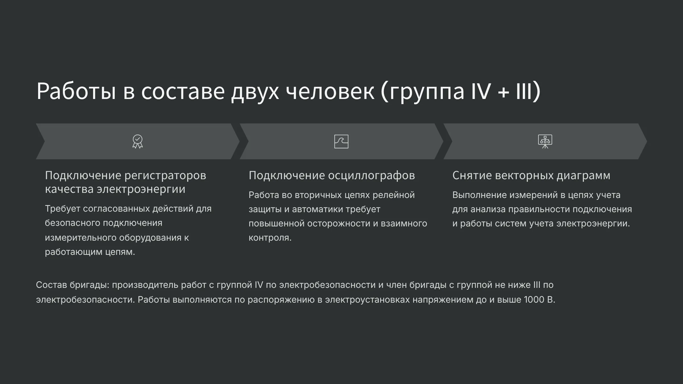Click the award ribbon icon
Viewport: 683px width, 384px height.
(138, 141)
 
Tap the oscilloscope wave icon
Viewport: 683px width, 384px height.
(341, 141)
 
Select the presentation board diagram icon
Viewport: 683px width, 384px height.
(545, 141)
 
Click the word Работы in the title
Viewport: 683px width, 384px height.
(76, 91)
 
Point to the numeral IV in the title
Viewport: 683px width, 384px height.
(481, 91)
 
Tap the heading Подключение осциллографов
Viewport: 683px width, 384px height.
(332, 176)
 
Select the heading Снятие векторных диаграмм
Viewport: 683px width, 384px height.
(531, 176)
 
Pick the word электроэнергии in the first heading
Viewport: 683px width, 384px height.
(141, 189)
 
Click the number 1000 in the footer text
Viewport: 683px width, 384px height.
(534, 300)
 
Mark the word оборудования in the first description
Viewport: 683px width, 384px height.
(150, 238)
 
